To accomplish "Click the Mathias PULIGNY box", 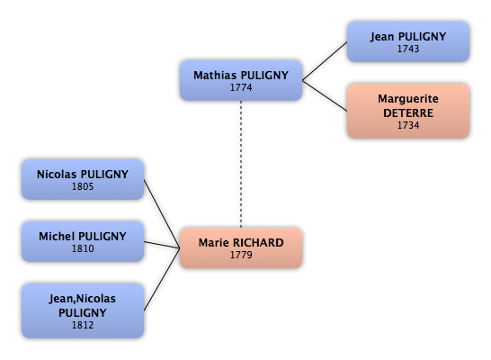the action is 241,80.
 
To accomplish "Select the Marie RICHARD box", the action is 241,248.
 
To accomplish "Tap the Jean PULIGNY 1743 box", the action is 408,41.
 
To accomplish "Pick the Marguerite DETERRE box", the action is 408,111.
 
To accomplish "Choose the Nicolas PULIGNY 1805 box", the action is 83,179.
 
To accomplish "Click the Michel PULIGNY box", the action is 83,241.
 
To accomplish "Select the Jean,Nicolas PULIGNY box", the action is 83,310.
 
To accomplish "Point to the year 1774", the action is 241,87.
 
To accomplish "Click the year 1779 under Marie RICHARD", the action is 241,255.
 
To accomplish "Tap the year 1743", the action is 408,49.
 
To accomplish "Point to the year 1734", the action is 408,125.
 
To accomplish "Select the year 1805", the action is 83,186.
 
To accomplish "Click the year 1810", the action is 83,248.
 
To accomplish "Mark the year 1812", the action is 83,325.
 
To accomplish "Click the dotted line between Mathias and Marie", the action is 241,164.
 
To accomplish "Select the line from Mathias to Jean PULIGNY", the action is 325,61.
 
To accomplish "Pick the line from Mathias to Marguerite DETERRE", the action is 325,96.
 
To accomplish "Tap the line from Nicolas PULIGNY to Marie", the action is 162,213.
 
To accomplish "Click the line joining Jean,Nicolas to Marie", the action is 162,280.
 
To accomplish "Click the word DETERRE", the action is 408,112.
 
